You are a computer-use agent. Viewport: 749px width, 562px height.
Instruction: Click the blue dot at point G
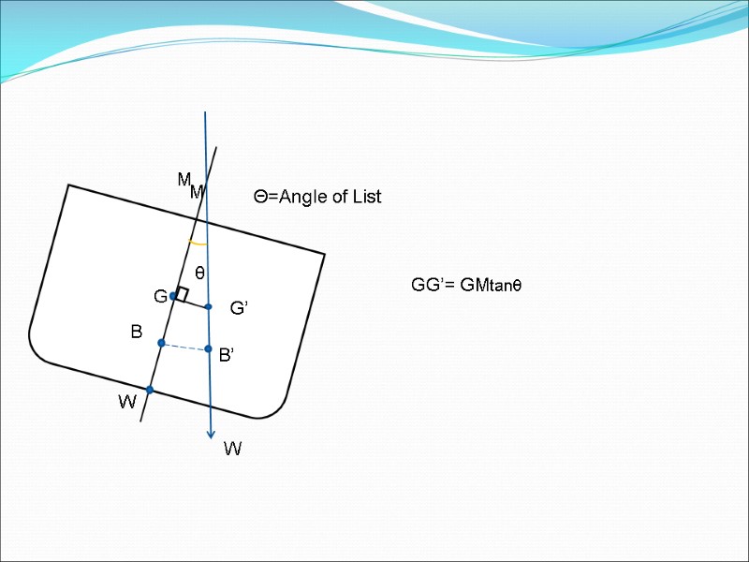(173, 296)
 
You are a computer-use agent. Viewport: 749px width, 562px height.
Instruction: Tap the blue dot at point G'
(209, 306)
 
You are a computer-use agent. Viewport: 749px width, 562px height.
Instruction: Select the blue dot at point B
(161, 344)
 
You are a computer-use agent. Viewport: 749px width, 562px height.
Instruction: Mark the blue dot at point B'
(209, 349)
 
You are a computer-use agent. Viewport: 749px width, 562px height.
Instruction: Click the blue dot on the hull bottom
(149, 390)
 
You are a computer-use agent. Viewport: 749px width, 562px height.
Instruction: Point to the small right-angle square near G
(183, 294)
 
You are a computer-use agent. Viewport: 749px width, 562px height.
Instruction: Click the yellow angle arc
(198, 244)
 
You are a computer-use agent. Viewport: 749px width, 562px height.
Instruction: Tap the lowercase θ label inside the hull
(199, 273)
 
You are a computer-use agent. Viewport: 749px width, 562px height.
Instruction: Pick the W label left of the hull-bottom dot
(127, 403)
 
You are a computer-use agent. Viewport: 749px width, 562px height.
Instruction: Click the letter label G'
(239, 308)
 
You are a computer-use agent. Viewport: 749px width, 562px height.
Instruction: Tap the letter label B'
(227, 356)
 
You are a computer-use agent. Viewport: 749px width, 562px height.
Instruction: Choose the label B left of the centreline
(136, 332)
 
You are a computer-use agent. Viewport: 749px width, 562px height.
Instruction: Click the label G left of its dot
(160, 297)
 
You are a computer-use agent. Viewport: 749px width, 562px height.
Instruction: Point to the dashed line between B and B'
(185, 347)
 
